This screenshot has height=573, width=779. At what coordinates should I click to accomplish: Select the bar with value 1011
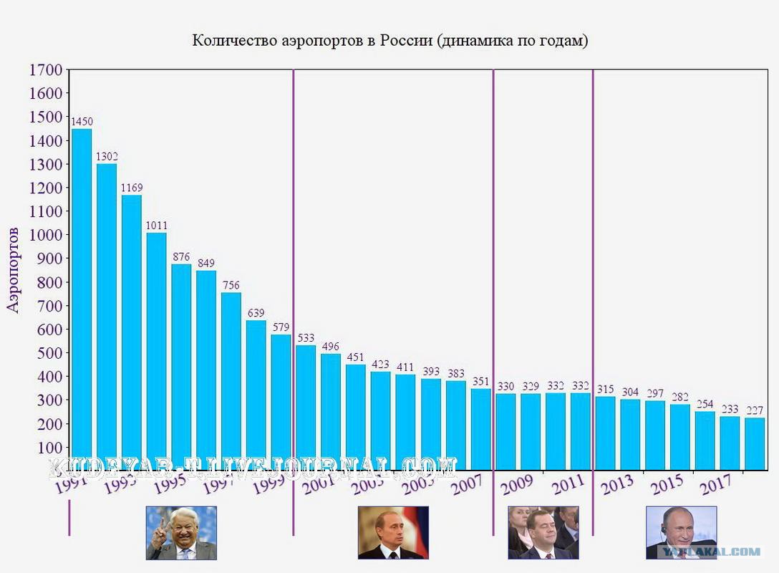157,351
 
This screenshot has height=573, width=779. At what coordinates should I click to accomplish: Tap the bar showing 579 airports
281,402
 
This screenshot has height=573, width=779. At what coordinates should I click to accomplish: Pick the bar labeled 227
755,443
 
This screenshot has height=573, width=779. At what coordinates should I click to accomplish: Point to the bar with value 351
481,429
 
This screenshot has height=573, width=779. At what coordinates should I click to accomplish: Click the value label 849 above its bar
206,263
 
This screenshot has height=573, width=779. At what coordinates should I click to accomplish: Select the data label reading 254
705,404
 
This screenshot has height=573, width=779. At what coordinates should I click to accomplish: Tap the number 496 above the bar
331,347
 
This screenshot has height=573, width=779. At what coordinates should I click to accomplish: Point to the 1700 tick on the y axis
46,70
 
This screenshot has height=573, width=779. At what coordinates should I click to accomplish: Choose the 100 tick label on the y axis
50,448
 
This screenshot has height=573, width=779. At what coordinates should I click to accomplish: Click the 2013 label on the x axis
616,486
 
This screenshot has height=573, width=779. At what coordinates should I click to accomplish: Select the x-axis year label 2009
517,486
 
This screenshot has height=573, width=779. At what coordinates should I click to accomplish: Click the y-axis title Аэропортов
14,270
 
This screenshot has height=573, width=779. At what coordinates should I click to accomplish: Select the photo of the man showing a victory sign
181,533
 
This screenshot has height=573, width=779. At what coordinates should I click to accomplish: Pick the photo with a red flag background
393,533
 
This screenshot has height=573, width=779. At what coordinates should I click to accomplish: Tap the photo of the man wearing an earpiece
681,533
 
